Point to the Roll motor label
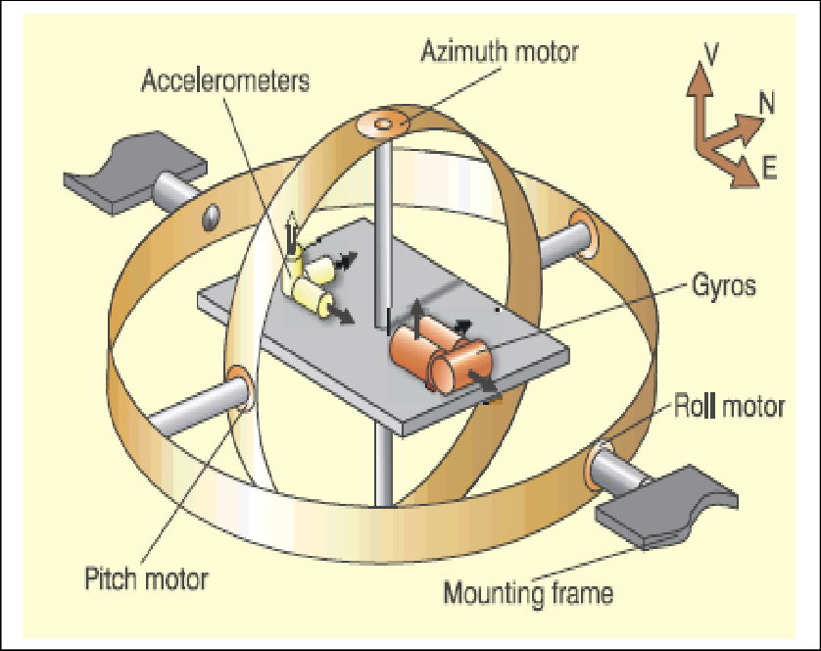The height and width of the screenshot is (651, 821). (x=728, y=405)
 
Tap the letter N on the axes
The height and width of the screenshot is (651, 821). (x=766, y=101)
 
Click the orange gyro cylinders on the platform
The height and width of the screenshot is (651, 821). (x=446, y=355)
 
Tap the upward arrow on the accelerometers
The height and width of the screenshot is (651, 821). (x=291, y=233)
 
